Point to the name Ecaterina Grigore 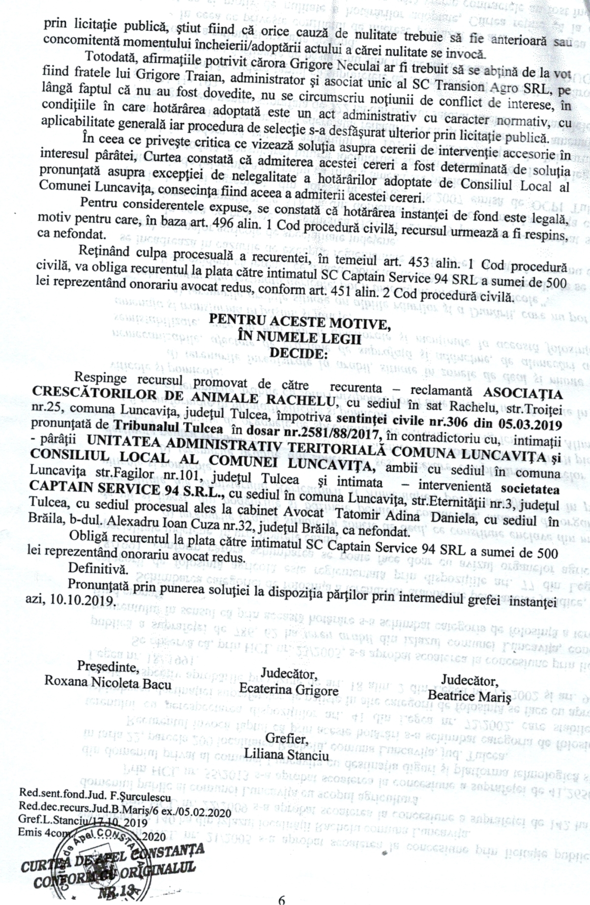coord(289,689)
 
